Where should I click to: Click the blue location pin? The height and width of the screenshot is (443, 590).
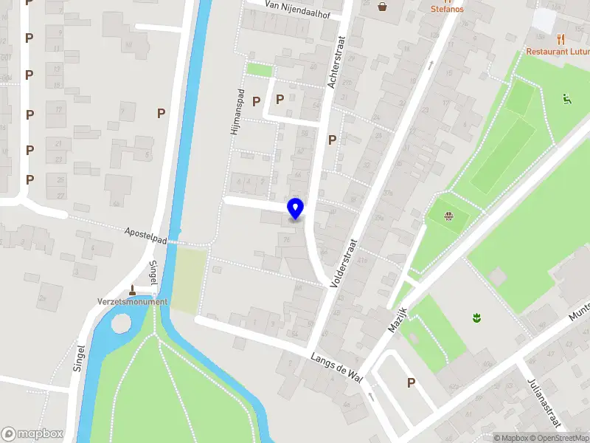[295, 208]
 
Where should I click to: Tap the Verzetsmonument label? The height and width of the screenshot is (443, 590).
[132, 302]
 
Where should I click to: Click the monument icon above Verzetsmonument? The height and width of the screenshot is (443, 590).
[132, 289]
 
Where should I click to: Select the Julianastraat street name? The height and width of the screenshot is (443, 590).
[544, 403]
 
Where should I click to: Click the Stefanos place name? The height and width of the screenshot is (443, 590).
[448, 10]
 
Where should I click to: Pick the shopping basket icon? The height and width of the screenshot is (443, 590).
[383, 7]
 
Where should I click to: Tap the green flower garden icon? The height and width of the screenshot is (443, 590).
[476, 317]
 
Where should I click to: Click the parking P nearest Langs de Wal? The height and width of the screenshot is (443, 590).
[411, 382]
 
